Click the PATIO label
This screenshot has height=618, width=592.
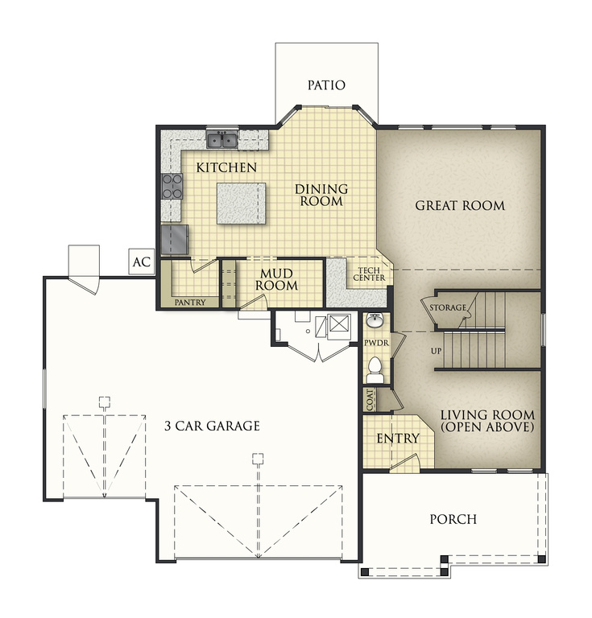(x=326, y=85)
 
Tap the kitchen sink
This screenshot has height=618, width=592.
(x=221, y=141)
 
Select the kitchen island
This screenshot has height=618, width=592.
(x=241, y=203)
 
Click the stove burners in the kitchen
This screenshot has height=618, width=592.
(x=172, y=186)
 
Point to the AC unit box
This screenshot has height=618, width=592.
(x=142, y=262)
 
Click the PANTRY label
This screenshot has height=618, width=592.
(x=190, y=303)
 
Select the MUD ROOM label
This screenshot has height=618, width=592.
(x=278, y=279)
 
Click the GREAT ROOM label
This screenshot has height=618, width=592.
(x=460, y=206)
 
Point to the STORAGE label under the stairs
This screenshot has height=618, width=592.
(x=448, y=308)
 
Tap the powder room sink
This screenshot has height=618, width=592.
(x=375, y=323)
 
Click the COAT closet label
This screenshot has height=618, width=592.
(x=370, y=401)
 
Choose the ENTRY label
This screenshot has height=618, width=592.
(x=398, y=439)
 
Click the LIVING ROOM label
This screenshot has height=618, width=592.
(x=487, y=421)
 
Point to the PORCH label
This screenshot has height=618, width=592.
(x=452, y=519)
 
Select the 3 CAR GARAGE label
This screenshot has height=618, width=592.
(x=212, y=426)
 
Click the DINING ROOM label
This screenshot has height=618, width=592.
(x=321, y=196)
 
